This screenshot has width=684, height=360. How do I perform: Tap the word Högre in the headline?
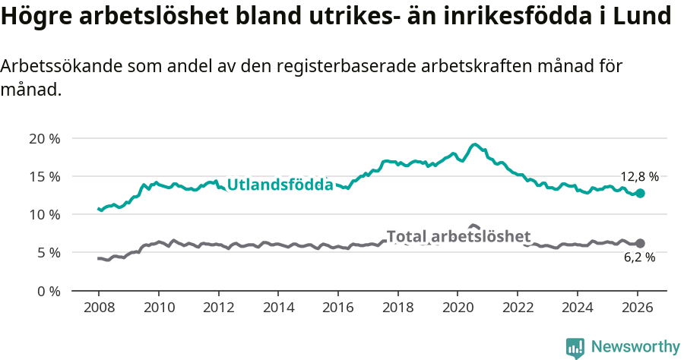[x=36, y=17]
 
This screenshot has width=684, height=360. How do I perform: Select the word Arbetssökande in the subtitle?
[x=57, y=66]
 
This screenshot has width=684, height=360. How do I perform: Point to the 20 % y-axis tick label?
[x=44, y=138]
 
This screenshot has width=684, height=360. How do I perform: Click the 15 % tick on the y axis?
[x=44, y=176]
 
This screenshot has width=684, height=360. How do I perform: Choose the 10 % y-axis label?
[x=44, y=214]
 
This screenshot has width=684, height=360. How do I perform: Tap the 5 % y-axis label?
[x=47, y=252]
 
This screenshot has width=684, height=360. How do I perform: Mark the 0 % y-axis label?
[x=47, y=290]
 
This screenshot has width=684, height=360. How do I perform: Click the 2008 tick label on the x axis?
[x=99, y=309]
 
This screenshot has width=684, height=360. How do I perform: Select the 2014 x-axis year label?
[x=278, y=309]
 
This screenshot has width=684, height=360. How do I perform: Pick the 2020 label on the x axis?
[x=458, y=309]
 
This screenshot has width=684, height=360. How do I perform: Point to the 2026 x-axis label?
[x=637, y=309]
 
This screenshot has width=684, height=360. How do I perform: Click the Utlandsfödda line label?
[x=280, y=185]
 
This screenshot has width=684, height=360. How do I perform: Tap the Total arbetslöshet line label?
[x=458, y=236]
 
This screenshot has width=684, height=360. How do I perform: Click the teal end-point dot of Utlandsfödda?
[x=640, y=194]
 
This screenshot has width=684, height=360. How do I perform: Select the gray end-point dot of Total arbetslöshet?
[x=640, y=243]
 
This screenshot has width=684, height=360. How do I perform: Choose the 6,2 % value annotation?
[x=638, y=258]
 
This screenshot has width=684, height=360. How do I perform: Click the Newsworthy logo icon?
[x=575, y=347]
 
